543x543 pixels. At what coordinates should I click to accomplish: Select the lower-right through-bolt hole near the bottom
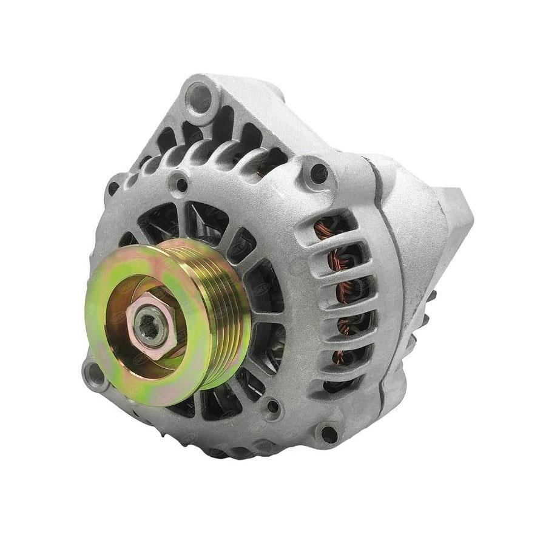(x=328, y=433)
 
